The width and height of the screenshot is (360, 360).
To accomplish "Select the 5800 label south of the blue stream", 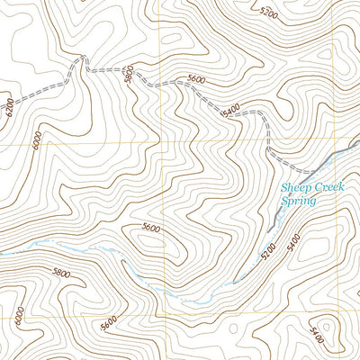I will [61, 272].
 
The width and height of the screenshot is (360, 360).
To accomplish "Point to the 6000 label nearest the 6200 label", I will [35, 141].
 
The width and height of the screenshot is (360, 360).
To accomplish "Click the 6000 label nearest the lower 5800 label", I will [19, 315].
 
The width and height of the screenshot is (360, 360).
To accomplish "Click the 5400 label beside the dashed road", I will [230, 110].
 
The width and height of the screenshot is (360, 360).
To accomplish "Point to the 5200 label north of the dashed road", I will [267, 13].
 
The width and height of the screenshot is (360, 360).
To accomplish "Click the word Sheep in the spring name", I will [295, 189].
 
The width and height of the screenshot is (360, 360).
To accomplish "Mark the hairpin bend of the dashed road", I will [82, 58].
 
